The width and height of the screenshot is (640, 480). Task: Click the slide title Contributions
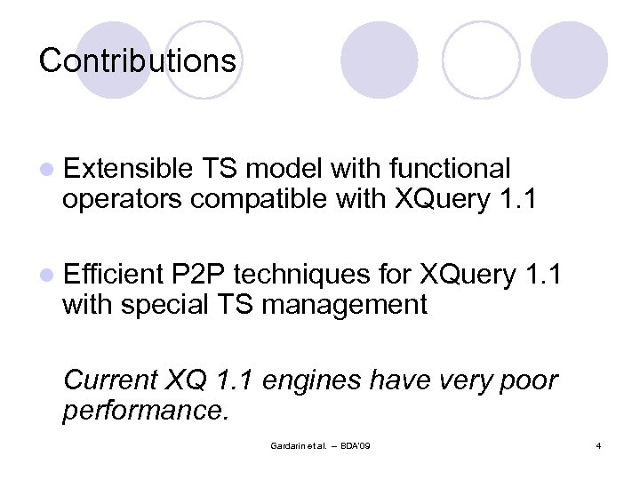138,61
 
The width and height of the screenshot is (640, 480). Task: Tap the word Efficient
114,274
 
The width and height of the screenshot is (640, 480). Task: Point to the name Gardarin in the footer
288,444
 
